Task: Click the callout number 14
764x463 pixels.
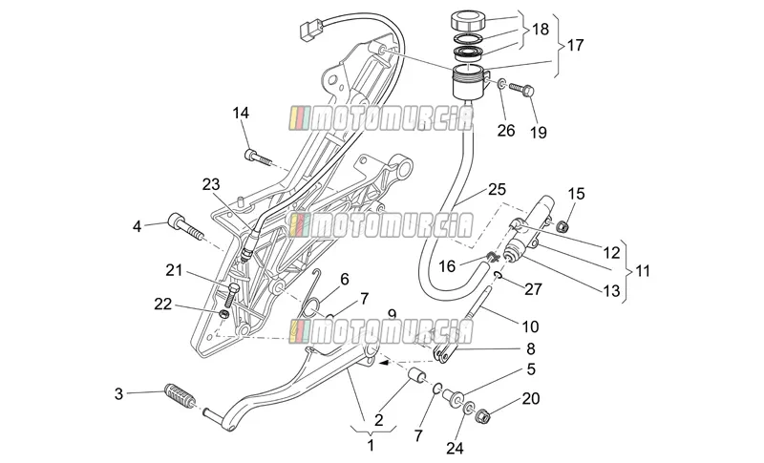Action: click(x=241, y=113)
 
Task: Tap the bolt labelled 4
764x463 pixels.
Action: click(x=184, y=228)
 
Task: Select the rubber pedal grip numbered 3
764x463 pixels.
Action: click(x=180, y=396)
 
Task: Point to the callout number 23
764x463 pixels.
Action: click(x=211, y=184)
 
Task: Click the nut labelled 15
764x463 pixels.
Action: click(x=562, y=226)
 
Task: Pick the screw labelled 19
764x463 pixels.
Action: click(x=521, y=90)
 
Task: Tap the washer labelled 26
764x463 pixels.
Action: click(x=501, y=84)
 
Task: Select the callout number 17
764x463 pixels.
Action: click(x=576, y=45)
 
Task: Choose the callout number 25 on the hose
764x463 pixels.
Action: click(x=497, y=189)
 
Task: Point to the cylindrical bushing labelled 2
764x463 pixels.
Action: click(x=417, y=377)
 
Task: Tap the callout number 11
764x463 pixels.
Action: click(x=643, y=271)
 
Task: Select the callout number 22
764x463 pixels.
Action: click(x=163, y=305)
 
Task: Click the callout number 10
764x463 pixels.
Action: click(x=530, y=326)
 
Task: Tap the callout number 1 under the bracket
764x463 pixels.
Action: click(x=371, y=445)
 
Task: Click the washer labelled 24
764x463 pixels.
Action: click(x=469, y=408)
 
